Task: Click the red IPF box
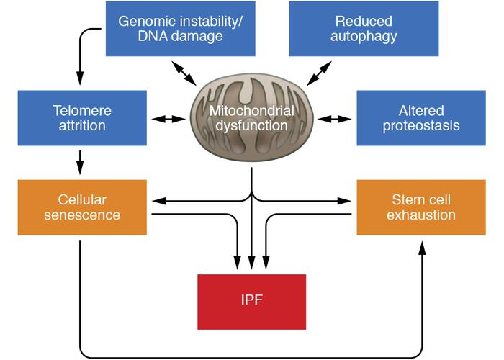click(251, 302)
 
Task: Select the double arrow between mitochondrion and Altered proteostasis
click(336, 117)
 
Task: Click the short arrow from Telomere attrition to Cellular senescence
click(80, 163)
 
